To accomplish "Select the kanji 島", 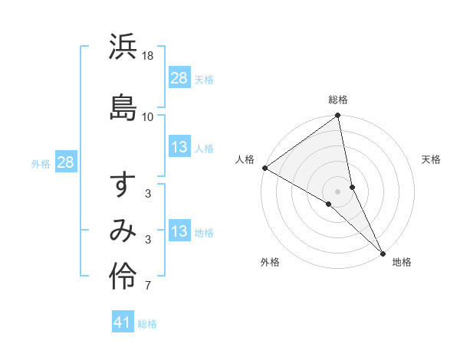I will pyautogui.click(x=123, y=104).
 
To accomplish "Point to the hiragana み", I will pyautogui.click(x=123, y=231).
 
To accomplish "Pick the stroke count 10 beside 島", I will pyautogui.click(x=148, y=116).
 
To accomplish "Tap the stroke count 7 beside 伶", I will pyautogui.click(x=148, y=286).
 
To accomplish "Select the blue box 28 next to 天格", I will pyautogui.click(x=179, y=78).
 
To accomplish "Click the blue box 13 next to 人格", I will pyautogui.click(x=179, y=148).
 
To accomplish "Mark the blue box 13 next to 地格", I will pyautogui.click(x=179, y=231).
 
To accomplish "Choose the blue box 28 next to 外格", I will pyautogui.click(x=65, y=162).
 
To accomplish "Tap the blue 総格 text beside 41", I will pyautogui.click(x=147, y=324).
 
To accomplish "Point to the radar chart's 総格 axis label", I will pyautogui.click(x=338, y=100).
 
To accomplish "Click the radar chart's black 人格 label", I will pyautogui.click(x=246, y=159).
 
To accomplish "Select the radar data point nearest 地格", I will pyautogui.click(x=383, y=253).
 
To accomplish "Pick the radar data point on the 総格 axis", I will pyautogui.click(x=338, y=116).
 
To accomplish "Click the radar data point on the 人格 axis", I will pyautogui.click(x=264, y=168).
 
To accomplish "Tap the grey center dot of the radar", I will pyautogui.click(x=338, y=191).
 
